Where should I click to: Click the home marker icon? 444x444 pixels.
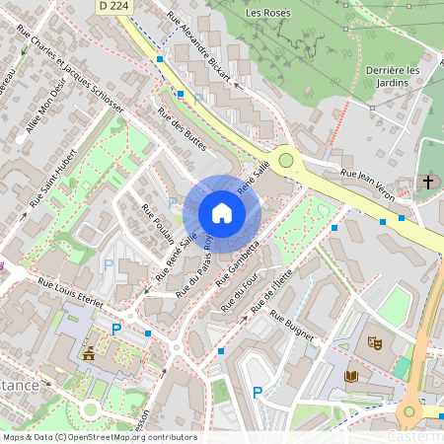222,212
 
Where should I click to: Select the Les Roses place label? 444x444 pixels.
265,13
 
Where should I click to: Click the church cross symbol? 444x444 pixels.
429,182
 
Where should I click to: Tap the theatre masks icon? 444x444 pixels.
374,342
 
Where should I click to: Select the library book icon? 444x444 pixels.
352,376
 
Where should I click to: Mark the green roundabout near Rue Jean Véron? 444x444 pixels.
286,159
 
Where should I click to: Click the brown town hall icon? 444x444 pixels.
91,351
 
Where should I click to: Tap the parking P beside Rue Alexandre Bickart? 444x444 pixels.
198,99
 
